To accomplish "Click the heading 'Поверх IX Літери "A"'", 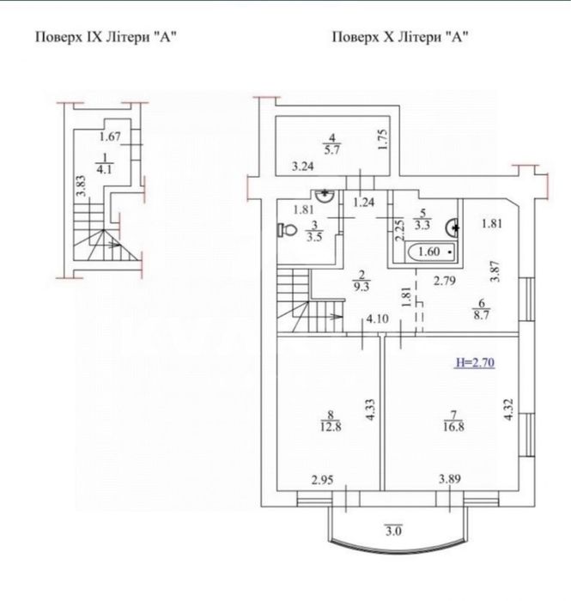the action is [106, 38].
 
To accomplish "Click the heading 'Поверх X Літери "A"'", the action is [400, 38].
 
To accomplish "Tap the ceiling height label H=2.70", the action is [475, 362].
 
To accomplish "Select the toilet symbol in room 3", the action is [288, 230].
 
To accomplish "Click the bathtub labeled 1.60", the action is [431, 252].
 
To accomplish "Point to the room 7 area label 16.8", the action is [453, 427].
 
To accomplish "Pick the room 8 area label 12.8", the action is [331, 427].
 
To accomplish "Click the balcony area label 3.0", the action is [393, 531].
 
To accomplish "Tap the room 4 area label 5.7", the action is [332, 149].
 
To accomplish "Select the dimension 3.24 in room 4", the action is [303, 167].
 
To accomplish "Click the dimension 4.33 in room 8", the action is [370, 410].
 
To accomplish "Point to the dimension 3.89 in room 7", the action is [450, 479].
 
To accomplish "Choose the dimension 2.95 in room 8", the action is [322, 480].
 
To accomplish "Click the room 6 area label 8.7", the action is [482, 315].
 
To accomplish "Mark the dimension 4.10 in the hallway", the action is [378, 319].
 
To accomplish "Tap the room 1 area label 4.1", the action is [104, 169].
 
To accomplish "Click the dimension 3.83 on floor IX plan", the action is [82, 186].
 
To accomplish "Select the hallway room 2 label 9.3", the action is [361, 286].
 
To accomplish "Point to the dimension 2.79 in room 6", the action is [445, 281].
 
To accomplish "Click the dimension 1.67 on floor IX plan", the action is [110, 137].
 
